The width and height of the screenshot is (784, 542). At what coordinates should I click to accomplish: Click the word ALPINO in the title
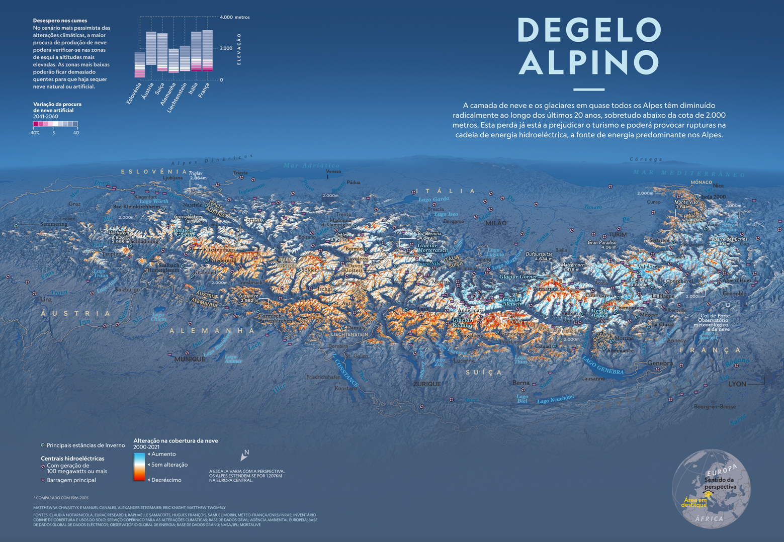[x=589, y=63]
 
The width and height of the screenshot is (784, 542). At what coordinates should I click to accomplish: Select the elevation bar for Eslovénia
[x=140, y=65]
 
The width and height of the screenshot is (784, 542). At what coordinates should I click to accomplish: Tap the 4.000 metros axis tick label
[x=234, y=17]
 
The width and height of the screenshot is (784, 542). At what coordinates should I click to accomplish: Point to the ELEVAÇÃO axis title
[x=239, y=49]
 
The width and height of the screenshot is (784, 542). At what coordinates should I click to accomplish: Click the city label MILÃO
[x=496, y=223]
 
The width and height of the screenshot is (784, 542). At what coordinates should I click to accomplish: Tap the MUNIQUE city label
[x=190, y=359]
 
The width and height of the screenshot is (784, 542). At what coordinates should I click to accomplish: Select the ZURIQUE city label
[x=427, y=384]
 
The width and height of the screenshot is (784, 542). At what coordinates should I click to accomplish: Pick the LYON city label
[x=737, y=384]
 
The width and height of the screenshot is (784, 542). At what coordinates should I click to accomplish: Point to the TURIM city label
[x=618, y=235]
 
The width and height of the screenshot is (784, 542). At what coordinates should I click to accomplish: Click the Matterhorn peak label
[x=573, y=264]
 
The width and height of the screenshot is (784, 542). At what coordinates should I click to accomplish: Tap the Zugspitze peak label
[x=248, y=296]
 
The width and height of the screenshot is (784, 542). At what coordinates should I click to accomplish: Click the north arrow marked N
[x=245, y=455]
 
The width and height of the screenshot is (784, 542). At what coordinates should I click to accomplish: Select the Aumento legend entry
[x=163, y=454]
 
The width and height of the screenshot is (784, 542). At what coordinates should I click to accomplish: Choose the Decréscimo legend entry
[x=166, y=480]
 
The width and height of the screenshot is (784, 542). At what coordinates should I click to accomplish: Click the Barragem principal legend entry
[x=71, y=480]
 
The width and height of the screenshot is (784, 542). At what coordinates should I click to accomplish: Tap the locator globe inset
[x=711, y=488]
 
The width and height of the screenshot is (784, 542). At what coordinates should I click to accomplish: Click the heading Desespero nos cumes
[x=60, y=21]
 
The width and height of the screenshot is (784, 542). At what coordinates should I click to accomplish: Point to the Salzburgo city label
[x=127, y=290]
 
